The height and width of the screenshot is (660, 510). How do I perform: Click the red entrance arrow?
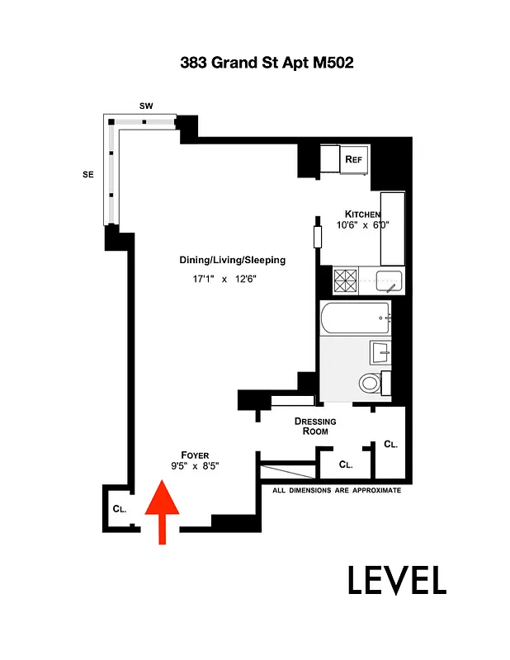(x=163, y=514)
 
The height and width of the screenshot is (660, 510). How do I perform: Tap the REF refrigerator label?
(x=354, y=159)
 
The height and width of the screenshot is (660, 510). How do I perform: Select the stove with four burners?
(x=343, y=281)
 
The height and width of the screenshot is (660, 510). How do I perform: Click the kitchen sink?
(x=390, y=281)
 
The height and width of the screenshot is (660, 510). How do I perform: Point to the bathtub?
(x=354, y=318)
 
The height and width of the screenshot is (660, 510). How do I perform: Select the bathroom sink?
(x=380, y=352)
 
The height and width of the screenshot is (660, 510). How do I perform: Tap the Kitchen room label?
(x=362, y=214)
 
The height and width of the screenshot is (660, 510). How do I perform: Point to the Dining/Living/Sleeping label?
(x=232, y=260)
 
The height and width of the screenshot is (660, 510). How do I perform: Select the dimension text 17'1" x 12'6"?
(x=224, y=280)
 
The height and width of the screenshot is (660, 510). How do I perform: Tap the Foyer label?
(x=196, y=455)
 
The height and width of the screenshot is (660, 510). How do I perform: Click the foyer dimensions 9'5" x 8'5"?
(x=195, y=466)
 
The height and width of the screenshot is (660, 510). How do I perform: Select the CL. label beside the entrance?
(x=120, y=509)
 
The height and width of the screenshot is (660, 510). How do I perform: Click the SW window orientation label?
(x=146, y=106)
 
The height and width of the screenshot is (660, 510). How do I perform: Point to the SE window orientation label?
(x=87, y=174)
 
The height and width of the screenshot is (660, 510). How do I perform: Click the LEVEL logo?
(x=396, y=580)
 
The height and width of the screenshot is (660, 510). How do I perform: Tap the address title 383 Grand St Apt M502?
(x=255, y=63)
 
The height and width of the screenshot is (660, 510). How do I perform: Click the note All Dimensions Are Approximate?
(x=337, y=490)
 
